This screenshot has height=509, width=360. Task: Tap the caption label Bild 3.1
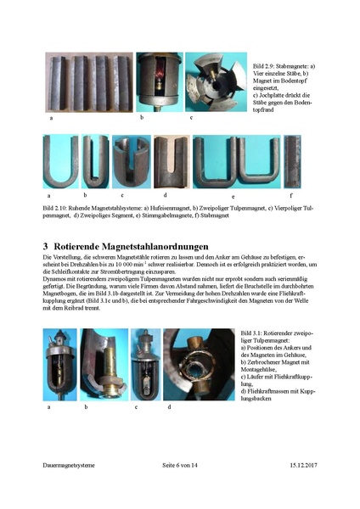tap(255, 333)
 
